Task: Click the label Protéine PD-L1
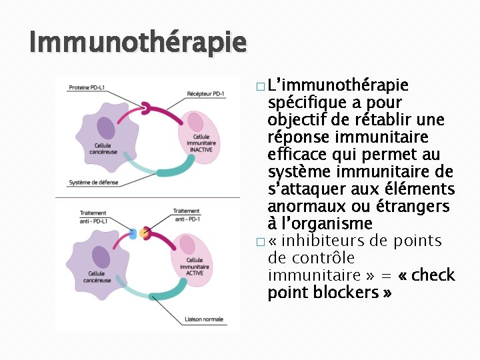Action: pyautogui.click(x=89, y=87)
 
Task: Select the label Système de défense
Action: pyautogui.click(x=94, y=182)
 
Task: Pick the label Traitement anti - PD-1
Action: pyautogui.click(x=186, y=215)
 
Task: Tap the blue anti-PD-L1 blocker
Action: pyautogui.click(x=133, y=234)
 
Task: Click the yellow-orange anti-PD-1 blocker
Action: pyautogui.click(x=144, y=233)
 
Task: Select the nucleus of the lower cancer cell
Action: pyautogui.click(x=101, y=257)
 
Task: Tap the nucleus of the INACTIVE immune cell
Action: pyautogui.click(x=196, y=122)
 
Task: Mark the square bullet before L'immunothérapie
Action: pyautogui.click(x=258, y=86)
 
